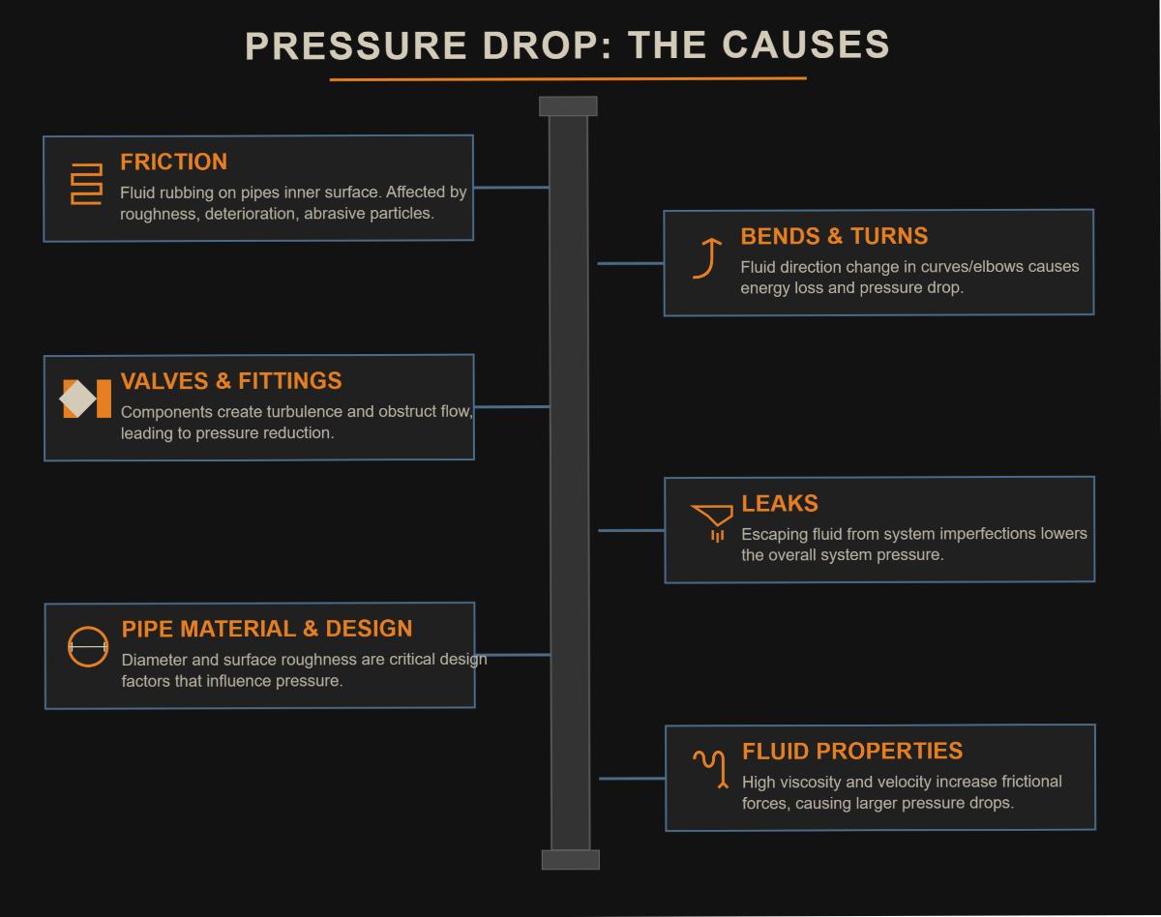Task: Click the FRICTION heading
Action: point(173,162)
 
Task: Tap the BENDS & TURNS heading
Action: point(834,236)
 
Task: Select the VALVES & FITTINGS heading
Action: point(231,380)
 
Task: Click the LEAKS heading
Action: point(780,503)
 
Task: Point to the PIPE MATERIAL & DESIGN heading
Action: point(267,629)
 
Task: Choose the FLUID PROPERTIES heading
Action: point(852,751)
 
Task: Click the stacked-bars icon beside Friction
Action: point(86,184)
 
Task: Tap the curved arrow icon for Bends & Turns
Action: point(708,258)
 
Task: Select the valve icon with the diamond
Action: point(86,399)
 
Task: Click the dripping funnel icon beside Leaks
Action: point(713,521)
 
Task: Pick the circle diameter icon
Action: point(88,646)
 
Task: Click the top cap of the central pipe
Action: point(568,106)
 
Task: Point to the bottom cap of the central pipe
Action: point(570,859)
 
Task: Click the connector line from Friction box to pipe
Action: point(511,188)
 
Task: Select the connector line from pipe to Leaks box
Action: point(631,530)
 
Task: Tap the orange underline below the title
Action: point(568,78)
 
